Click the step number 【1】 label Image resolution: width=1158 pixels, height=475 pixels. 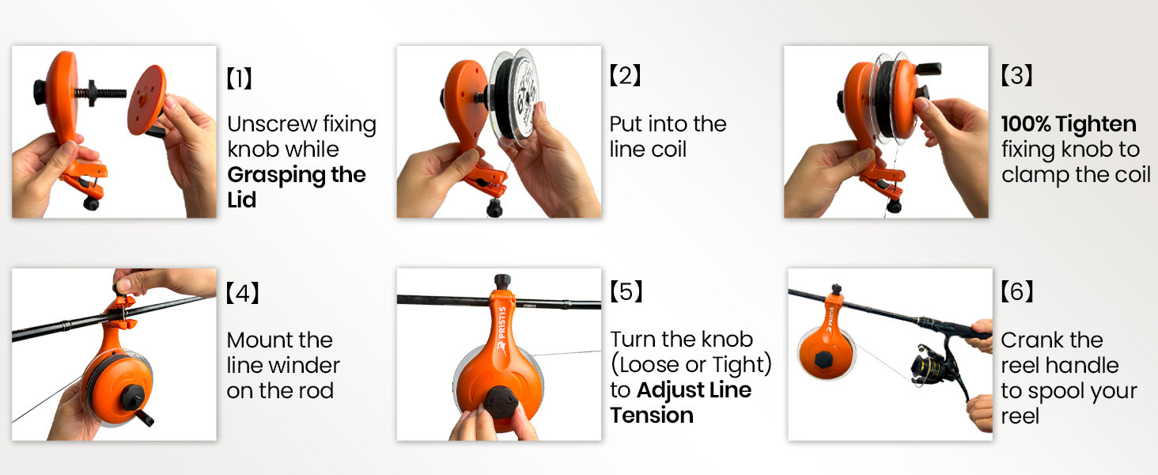click(x=240, y=78)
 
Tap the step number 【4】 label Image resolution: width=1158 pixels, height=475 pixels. click(x=243, y=294)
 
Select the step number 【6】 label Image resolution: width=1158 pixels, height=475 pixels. click(x=1017, y=292)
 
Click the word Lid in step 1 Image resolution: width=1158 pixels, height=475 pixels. click(x=242, y=199)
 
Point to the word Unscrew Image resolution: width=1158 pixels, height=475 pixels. click(x=272, y=123)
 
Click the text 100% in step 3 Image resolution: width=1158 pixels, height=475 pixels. click(x=1026, y=123)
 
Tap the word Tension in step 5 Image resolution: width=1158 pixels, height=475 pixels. click(x=652, y=415)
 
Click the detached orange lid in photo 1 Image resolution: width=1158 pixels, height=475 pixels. click(x=147, y=100)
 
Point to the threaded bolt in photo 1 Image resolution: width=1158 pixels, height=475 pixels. click(x=100, y=93)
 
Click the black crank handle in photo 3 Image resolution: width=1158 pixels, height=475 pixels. click(x=929, y=68)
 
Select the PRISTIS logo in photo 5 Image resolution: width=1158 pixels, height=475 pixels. click(x=501, y=331)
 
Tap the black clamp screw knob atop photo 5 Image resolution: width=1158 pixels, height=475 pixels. click(x=502, y=282)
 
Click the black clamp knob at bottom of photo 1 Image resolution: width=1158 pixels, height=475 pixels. click(x=91, y=202)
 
